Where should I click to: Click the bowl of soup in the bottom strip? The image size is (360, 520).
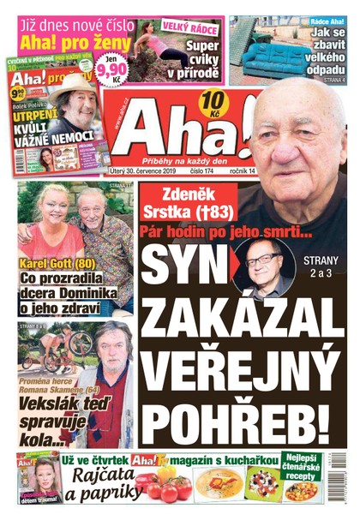219,485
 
